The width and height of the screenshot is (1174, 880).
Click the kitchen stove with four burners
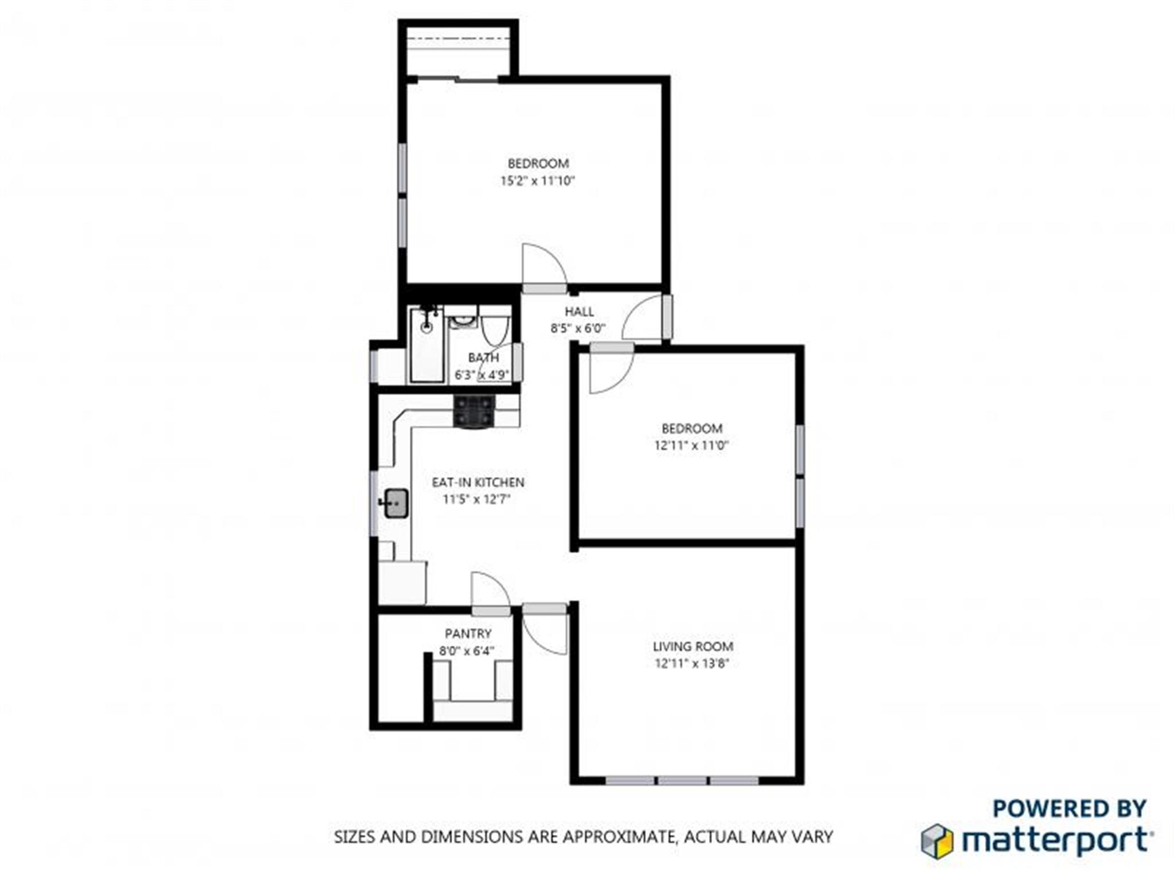coord(474,411)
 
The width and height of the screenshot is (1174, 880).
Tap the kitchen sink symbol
coord(396,503)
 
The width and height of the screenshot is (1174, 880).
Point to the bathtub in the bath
coord(427,347)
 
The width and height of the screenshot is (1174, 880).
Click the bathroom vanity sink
coord(462,320)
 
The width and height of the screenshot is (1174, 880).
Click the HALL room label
coord(579,312)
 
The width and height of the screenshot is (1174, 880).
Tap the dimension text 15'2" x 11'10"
coord(537,181)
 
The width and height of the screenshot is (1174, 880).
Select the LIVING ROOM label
coord(692,646)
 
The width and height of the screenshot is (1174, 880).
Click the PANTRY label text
coord(468,634)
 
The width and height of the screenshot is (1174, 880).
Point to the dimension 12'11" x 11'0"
coord(691,445)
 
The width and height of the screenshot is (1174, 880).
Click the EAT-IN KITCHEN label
coord(478,482)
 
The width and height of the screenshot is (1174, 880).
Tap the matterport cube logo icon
coord(937,841)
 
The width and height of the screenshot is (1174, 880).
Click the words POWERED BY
coord(1069,808)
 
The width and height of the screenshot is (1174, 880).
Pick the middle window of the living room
coord(682,781)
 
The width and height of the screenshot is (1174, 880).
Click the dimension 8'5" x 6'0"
coord(578,329)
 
